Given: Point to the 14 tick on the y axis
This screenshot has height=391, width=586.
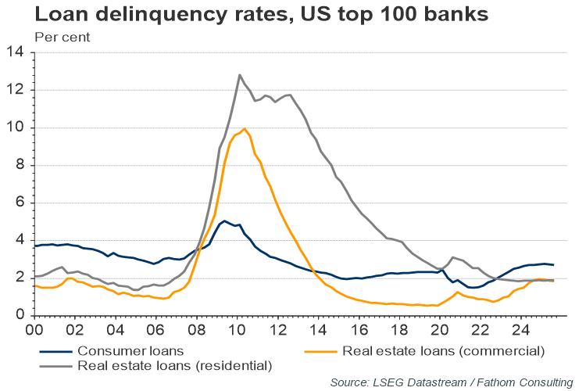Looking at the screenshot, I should click(17, 53).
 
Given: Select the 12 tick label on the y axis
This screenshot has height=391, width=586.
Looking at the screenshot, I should click(17, 91).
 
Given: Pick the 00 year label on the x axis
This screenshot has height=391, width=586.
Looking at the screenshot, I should click(35, 329).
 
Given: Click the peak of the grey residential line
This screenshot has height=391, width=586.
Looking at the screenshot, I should click(239, 75).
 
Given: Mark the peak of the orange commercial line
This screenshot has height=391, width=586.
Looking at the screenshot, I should click(245, 129).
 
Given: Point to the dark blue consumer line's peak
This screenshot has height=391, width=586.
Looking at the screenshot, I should click(224, 221).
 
